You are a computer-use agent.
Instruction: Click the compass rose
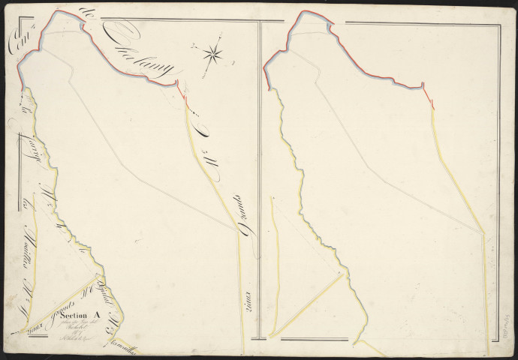click(212, 52)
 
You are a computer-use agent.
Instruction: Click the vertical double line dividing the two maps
click(258, 187)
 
